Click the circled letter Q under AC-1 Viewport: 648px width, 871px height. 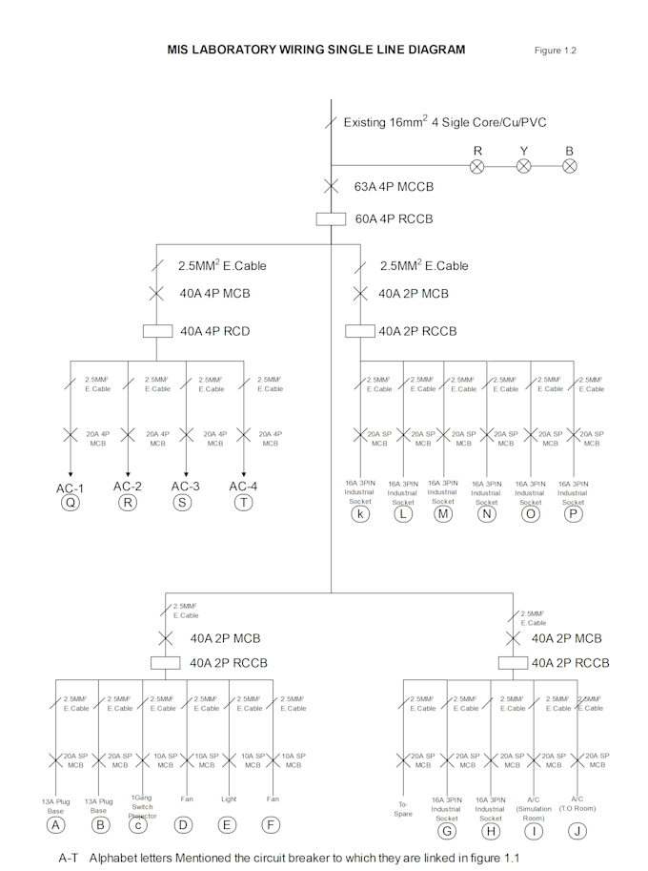click(x=71, y=503)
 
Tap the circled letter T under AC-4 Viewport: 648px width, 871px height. click(x=244, y=503)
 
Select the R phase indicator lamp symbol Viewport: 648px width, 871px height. click(x=478, y=166)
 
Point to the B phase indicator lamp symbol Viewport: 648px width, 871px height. click(x=570, y=166)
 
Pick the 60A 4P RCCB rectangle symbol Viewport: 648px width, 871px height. click(x=331, y=219)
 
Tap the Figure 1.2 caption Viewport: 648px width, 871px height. click(x=555, y=50)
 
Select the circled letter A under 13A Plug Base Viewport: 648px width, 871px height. click(x=56, y=824)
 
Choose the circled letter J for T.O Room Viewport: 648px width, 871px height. click(x=577, y=829)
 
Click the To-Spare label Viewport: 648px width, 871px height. click(x=404, y=809)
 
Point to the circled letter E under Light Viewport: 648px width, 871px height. click(x=228, y=824)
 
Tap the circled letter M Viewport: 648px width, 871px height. click(x=443, y=514)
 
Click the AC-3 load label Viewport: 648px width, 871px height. click(x=186, y=487)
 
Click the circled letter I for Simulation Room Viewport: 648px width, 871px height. click(x=535, y=829)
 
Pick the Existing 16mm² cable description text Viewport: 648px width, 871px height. click(x=444, y=122)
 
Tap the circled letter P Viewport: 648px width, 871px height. click(x=573, y=515)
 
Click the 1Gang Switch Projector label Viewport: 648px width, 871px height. click(x=142, y=806)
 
